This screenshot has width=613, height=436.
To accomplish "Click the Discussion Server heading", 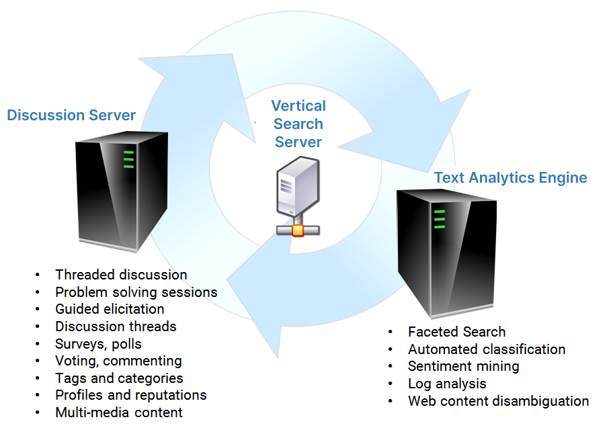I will tap(71, 115).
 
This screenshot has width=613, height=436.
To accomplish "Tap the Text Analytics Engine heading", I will tap(510, 177).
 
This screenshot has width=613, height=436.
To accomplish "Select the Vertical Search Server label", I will tap(298, 124).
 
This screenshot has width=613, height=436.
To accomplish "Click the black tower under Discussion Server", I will tap(122, 191).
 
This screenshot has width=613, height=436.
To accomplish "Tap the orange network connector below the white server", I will tap(296, 230).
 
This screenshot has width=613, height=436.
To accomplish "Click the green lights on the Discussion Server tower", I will tap(128, 159).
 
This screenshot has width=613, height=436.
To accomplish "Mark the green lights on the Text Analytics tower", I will tap(440, 219).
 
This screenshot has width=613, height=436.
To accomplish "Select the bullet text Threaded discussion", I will tap(121, 274).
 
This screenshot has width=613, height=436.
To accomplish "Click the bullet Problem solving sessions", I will tap(136, 292).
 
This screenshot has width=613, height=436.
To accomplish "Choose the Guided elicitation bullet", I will tap(110, 309).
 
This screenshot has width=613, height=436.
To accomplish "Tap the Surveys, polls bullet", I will tap(98, 343).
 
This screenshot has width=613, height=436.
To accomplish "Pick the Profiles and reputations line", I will tap(130, 395).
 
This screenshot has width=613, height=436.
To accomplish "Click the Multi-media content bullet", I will tap(118, 412).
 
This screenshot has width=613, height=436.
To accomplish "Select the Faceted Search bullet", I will tap(456, 331).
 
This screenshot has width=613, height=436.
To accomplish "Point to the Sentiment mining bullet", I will tap(463, 366).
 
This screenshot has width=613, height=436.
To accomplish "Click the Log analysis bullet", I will tap(446, 384).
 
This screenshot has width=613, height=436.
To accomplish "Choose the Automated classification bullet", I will tap(486, 349).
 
